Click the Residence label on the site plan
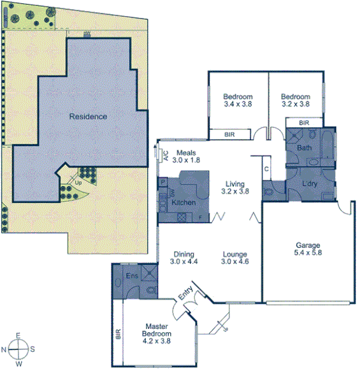pos(88,117)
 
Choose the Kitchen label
pos(184,202)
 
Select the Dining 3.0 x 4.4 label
pos(185,258)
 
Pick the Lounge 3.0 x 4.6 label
pos(234,258)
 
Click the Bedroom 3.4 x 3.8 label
pos(238,100)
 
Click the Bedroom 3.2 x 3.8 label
pos(296,100)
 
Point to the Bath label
pos(305,148)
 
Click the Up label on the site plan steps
pos(78,183)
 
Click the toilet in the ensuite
pos(150,291)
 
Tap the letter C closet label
pos(266,169)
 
